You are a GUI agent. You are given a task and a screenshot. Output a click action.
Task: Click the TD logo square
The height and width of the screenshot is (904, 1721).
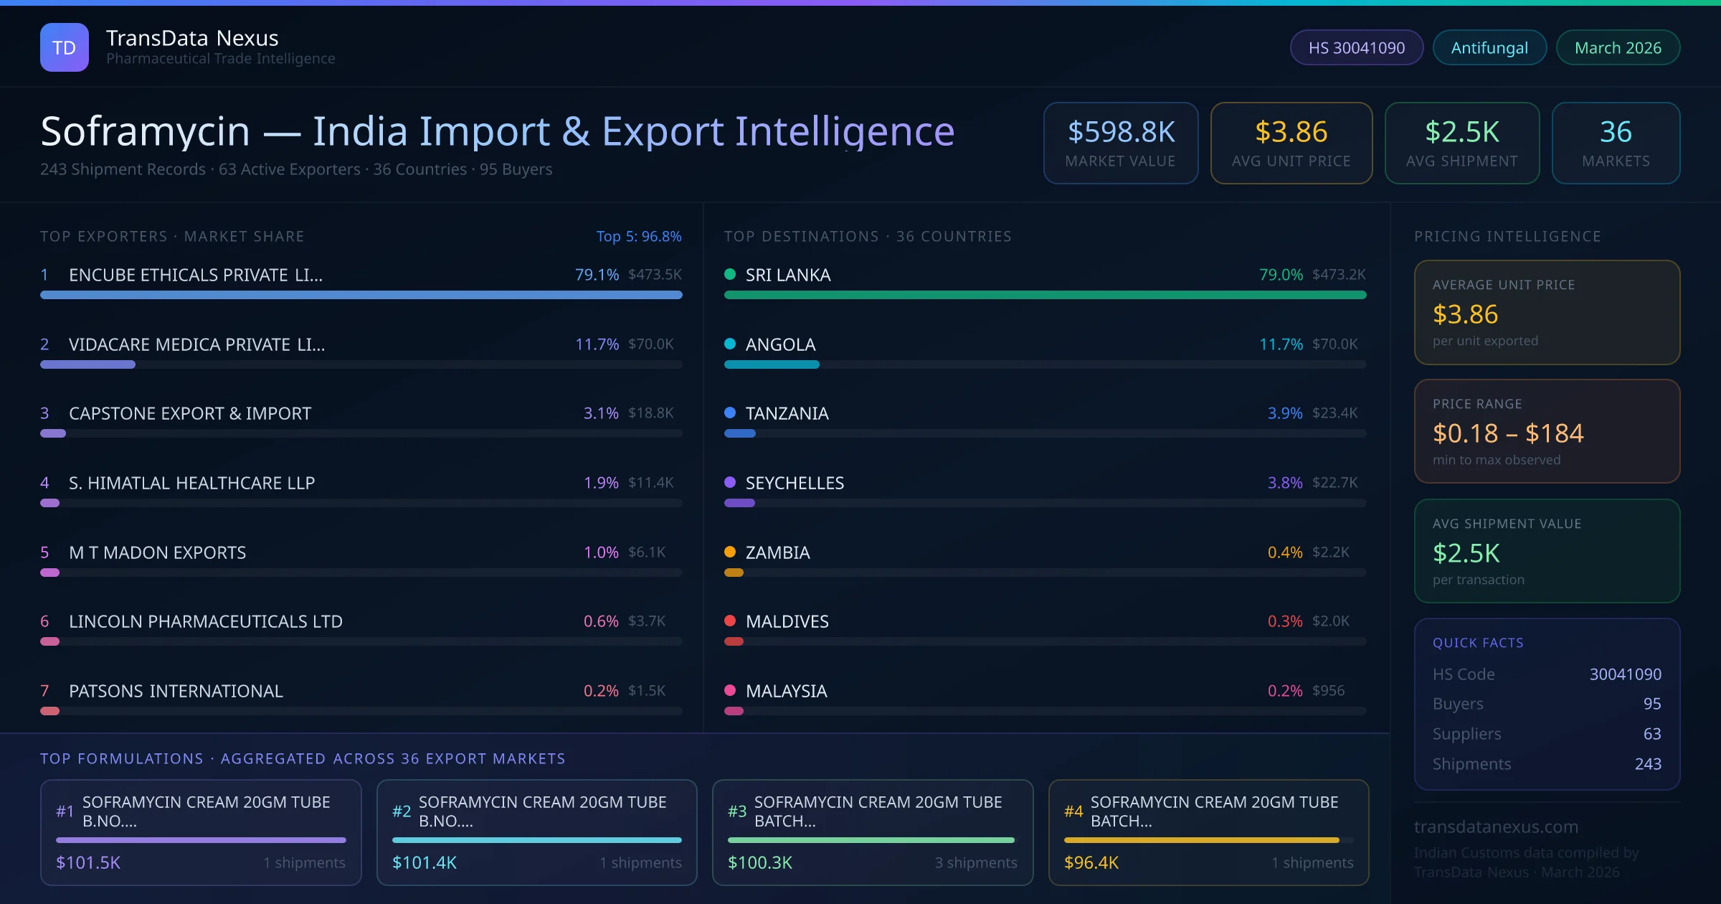65,47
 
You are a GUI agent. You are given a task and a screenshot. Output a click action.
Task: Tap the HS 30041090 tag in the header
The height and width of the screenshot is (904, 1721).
1356,47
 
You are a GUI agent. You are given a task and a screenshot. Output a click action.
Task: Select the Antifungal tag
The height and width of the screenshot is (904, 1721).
1489,47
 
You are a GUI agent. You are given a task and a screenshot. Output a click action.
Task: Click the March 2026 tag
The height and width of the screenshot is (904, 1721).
1617,47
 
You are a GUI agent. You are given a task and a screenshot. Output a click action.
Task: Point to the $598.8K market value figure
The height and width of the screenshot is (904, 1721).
1121,132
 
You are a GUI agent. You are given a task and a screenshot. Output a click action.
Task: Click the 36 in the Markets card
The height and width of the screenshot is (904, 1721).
1615,132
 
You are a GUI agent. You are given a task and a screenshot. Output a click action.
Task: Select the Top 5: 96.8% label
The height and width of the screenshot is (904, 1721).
638,236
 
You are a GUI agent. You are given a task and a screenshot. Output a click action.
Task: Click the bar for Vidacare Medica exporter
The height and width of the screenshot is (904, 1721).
87,364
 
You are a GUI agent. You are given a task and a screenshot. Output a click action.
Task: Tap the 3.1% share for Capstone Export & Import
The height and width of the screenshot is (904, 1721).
600,413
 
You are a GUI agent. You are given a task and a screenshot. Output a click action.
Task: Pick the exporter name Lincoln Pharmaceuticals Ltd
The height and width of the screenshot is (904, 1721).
205,621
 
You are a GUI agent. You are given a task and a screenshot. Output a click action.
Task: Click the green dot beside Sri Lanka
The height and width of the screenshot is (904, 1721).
730,274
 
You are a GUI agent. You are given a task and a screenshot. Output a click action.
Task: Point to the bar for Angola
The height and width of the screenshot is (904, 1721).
772,364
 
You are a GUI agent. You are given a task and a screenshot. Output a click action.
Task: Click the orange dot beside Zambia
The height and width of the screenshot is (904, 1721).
730,552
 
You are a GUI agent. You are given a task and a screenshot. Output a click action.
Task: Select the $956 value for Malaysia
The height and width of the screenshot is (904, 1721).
1328,690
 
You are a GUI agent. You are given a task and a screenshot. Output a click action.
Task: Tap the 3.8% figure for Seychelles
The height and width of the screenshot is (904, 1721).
1284,483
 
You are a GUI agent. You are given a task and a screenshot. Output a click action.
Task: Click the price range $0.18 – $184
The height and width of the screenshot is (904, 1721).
1507,433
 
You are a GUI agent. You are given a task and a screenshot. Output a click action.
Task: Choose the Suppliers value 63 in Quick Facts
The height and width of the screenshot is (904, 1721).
1651,733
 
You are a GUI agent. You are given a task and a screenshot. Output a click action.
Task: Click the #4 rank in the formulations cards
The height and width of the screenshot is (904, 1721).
1073,811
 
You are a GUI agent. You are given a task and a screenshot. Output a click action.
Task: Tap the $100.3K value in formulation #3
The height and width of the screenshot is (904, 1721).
759,862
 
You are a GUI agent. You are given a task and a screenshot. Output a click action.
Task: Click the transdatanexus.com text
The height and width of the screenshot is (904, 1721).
1496,827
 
